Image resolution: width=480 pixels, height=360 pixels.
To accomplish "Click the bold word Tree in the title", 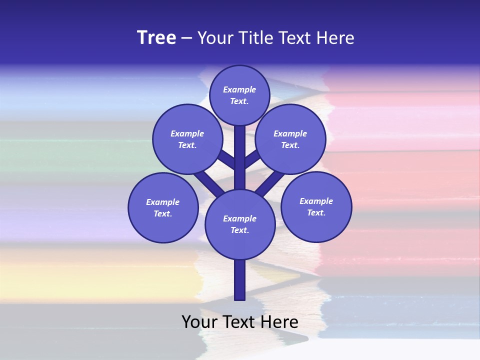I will click(156, 38).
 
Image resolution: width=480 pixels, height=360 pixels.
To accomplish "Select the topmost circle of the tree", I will click(239, 95).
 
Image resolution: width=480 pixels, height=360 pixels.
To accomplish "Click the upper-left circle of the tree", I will click(187, 139).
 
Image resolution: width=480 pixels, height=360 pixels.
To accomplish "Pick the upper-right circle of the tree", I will click(290, 139).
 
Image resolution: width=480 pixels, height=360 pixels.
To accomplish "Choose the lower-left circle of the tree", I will click(163, 208).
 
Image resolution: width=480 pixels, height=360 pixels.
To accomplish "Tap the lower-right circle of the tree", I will click(316, 207).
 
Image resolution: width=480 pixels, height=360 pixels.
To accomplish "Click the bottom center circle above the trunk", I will click(240, 224).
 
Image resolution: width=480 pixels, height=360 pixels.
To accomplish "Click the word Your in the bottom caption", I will click(199, 322).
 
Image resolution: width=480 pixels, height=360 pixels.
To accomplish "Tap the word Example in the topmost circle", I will click(239, 90).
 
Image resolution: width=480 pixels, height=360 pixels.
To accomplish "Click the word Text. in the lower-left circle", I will click(163, 214).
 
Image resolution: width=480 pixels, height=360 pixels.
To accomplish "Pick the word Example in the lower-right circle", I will click(316, 201).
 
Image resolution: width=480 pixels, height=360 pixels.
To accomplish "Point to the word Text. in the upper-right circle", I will click(290, 145).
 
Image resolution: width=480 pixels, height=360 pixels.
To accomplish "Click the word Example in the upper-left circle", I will click(187, 133).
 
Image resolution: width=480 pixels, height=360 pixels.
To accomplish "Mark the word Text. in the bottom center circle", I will click(239, 230).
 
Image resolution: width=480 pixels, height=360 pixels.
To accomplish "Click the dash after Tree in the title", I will click(187, 38).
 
